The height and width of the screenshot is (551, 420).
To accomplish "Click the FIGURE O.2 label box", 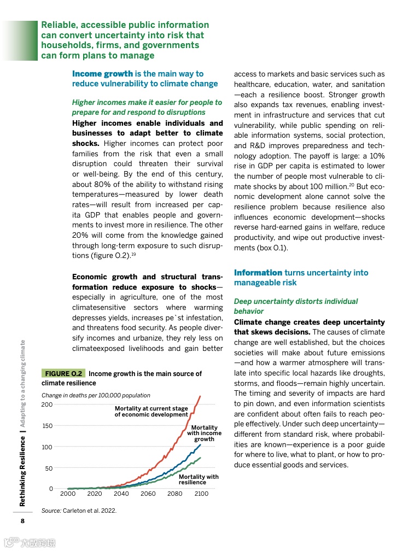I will coord(63,373).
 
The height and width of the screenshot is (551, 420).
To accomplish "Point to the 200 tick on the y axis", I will coord(47,405).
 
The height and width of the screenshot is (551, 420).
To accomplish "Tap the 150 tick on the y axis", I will coord(47,426).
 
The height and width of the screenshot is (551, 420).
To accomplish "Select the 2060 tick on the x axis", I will coord(148,494).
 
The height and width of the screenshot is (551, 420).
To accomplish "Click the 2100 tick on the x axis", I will coord(201,494).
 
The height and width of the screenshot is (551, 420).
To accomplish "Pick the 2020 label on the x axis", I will coord(95,494).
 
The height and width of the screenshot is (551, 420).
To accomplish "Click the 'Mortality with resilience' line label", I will coord(199,479).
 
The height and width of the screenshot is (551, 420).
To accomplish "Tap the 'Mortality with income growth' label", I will coord(204,433).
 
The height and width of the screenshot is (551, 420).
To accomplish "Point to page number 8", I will coord(22,520).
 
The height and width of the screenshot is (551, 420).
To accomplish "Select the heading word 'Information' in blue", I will coord(258,273).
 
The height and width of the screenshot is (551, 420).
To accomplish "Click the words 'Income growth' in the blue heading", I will coord(102,74).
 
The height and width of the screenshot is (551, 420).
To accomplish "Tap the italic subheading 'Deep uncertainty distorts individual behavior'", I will coord(296,306).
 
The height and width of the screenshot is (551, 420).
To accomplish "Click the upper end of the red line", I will coord(201,396).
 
